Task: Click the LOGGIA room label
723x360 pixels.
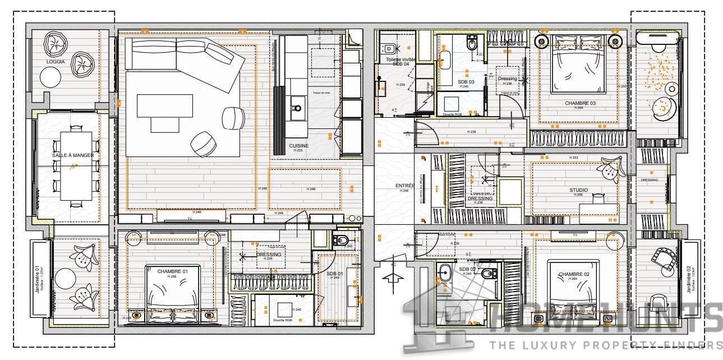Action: (56, 62)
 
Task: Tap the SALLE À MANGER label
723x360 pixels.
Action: (66, 155)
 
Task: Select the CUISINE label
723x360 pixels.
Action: (299, 146)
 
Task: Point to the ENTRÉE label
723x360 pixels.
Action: (404, 186)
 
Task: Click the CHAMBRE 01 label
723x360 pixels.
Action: (172, 271)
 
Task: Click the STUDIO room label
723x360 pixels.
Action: (578, 190)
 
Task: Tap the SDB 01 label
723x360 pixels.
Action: (335, 273)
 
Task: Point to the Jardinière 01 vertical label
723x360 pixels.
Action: (39, 279)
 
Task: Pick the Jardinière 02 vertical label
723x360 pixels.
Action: (689, 279)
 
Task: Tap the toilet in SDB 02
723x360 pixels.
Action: (489, 274)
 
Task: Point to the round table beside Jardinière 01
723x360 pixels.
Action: (65, 279)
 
